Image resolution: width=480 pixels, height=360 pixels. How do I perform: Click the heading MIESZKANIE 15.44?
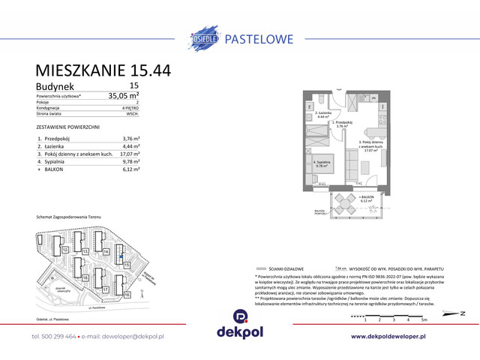point(103,70)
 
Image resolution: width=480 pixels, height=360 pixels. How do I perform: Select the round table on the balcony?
point(343,200)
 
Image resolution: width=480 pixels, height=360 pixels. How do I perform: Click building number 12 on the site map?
point(65,249)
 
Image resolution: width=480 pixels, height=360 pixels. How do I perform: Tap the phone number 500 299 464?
point(57,337)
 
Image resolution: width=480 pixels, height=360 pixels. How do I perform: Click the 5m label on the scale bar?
point(424,320)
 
